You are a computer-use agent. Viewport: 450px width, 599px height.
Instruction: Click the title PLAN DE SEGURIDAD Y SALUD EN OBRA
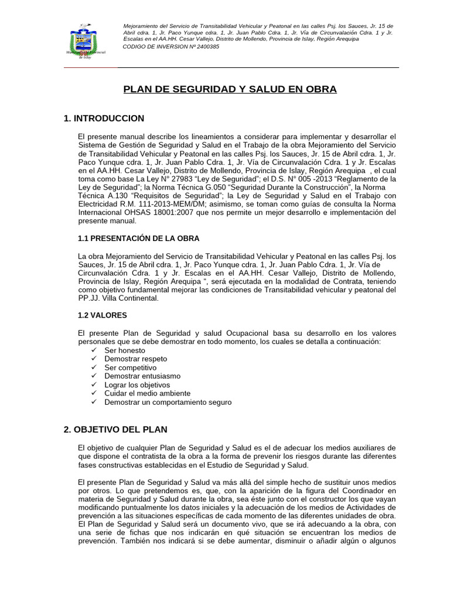click(230, 89)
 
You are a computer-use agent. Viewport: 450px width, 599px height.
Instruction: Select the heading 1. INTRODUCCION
click(104, 119)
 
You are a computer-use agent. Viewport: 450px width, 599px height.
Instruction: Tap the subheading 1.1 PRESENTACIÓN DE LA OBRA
click(138, 239)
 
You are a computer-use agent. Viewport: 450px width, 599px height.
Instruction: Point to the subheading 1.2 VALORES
click(102, 315)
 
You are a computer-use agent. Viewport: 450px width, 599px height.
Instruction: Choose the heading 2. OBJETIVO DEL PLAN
click(115, 429)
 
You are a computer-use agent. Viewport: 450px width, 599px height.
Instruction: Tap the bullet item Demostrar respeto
click(135, 359)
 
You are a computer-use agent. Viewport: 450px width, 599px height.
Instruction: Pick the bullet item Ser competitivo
click(130, 367)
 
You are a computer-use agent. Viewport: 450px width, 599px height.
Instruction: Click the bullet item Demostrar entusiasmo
click(142, 376)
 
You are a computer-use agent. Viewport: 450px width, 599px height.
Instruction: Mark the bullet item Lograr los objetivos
click(137, 385)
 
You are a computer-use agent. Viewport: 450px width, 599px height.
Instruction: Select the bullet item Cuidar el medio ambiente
click(144, 394)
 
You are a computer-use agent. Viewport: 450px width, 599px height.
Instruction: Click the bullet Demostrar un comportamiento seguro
click(168, 402)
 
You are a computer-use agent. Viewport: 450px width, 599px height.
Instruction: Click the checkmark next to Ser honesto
click(94, 350)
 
